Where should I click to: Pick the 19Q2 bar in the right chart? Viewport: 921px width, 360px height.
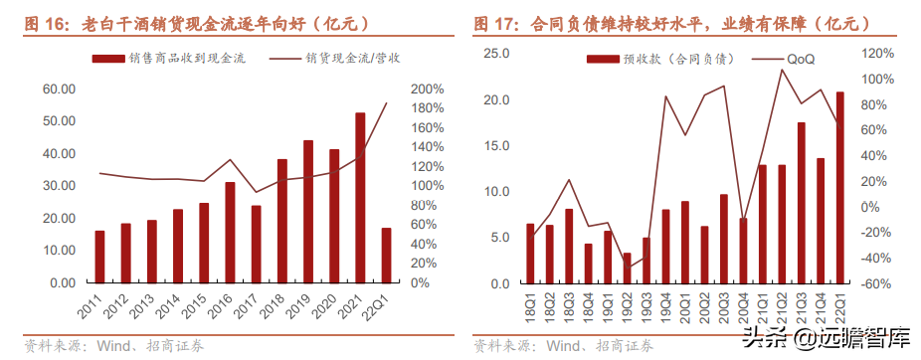point(626,268)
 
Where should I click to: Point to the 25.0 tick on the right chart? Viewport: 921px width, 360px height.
point(496,53)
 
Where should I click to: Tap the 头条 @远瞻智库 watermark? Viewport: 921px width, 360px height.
point(836,337)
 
